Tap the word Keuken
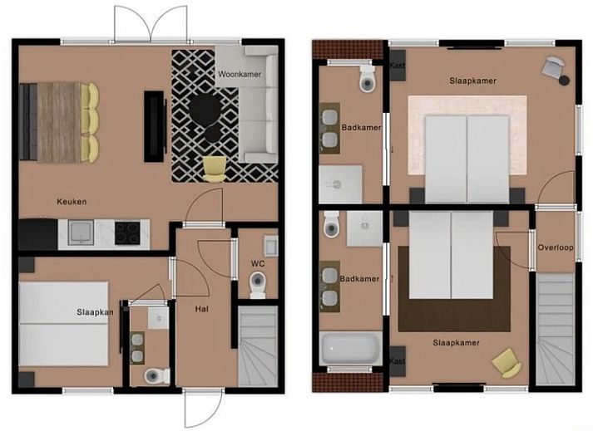pos(72,202)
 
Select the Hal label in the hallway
pos(201,308)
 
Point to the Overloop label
pos(556,247)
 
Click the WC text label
pos(257,265)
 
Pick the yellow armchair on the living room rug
pos(215,168)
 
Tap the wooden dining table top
pos(58,122)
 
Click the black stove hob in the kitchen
pos(126,233)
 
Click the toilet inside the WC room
pos(257,287)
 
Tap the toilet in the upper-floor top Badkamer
pos(367,80)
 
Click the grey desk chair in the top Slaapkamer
pos(555,69)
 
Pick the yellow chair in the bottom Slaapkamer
pos(507,363)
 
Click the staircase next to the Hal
pos(257,345)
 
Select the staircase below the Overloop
pos(556,328)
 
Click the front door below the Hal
pos(202,408)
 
